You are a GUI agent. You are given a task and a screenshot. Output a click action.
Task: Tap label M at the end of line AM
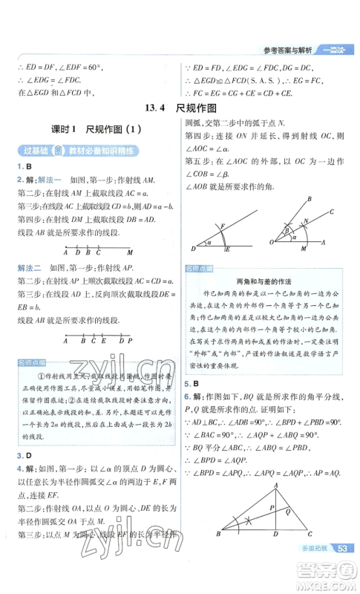[130, 252]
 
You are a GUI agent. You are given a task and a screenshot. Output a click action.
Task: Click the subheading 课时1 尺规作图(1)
[91, 128]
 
